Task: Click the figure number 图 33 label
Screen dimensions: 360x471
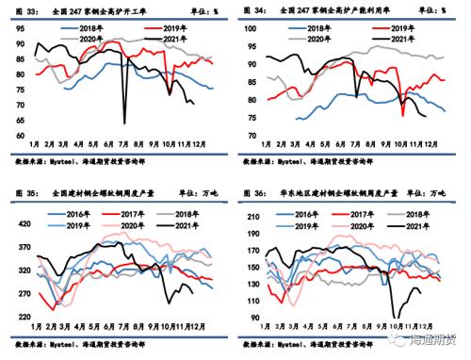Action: [25, 11]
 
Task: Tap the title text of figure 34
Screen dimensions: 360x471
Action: [320, 11]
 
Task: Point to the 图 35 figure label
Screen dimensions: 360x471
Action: [25, 192]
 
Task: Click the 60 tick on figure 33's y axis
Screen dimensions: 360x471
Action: [20, 136]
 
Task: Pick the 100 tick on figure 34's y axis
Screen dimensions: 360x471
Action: [250, 28]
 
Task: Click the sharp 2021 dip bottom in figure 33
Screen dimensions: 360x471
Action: [124, 123]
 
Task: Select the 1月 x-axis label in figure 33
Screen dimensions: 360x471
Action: [35, 143]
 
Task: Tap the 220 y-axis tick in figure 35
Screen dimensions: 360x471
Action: [23, 319]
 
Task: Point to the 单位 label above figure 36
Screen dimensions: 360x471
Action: [414, 192]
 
